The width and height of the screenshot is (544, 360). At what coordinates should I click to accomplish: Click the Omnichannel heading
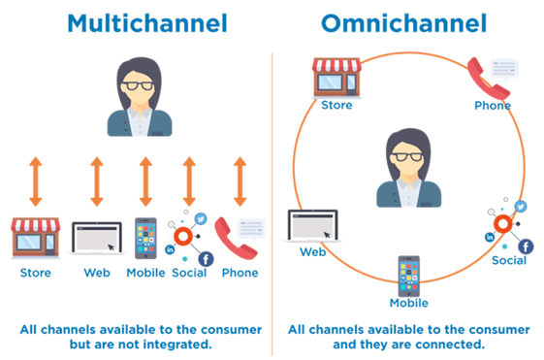[x=405, y=22]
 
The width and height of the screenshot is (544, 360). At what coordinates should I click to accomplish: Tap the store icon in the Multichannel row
[x=35, y=237]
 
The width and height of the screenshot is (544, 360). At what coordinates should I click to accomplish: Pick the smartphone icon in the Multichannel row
[x=144, y=238]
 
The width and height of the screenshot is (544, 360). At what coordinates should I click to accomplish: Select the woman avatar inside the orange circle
[x=408, y=168]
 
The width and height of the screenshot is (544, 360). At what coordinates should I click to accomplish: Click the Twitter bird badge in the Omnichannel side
[x=520, y=207]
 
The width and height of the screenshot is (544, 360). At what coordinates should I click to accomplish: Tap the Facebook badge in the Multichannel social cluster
[x=206, y=259]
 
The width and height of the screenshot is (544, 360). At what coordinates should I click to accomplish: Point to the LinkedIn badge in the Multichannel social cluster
[x=171, y=250]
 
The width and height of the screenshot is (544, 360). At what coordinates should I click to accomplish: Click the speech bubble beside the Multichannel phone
[x=251, y=229]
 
